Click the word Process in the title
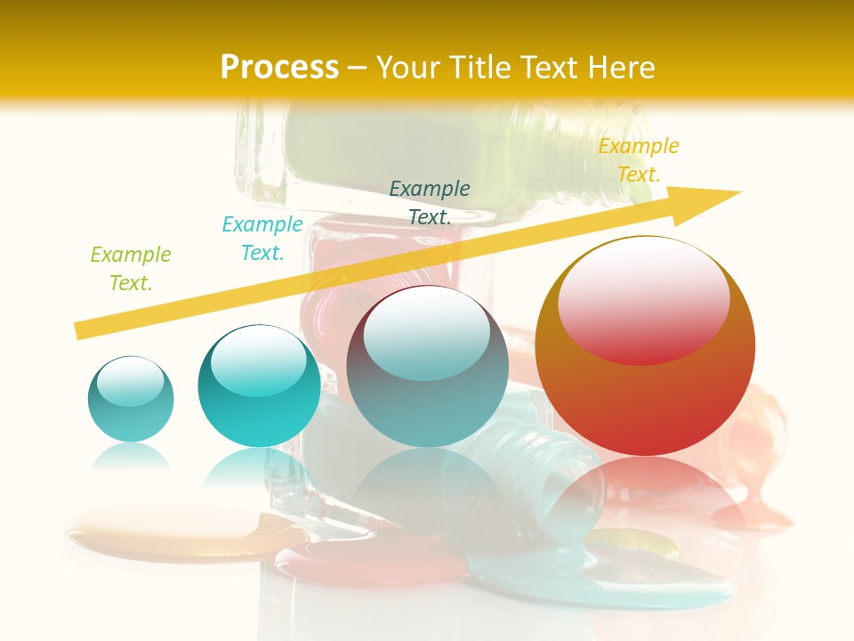point(279,67)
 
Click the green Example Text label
point(131,269)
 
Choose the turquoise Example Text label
point(262,239)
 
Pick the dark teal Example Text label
point(430,202)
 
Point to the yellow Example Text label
point(638,160)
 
